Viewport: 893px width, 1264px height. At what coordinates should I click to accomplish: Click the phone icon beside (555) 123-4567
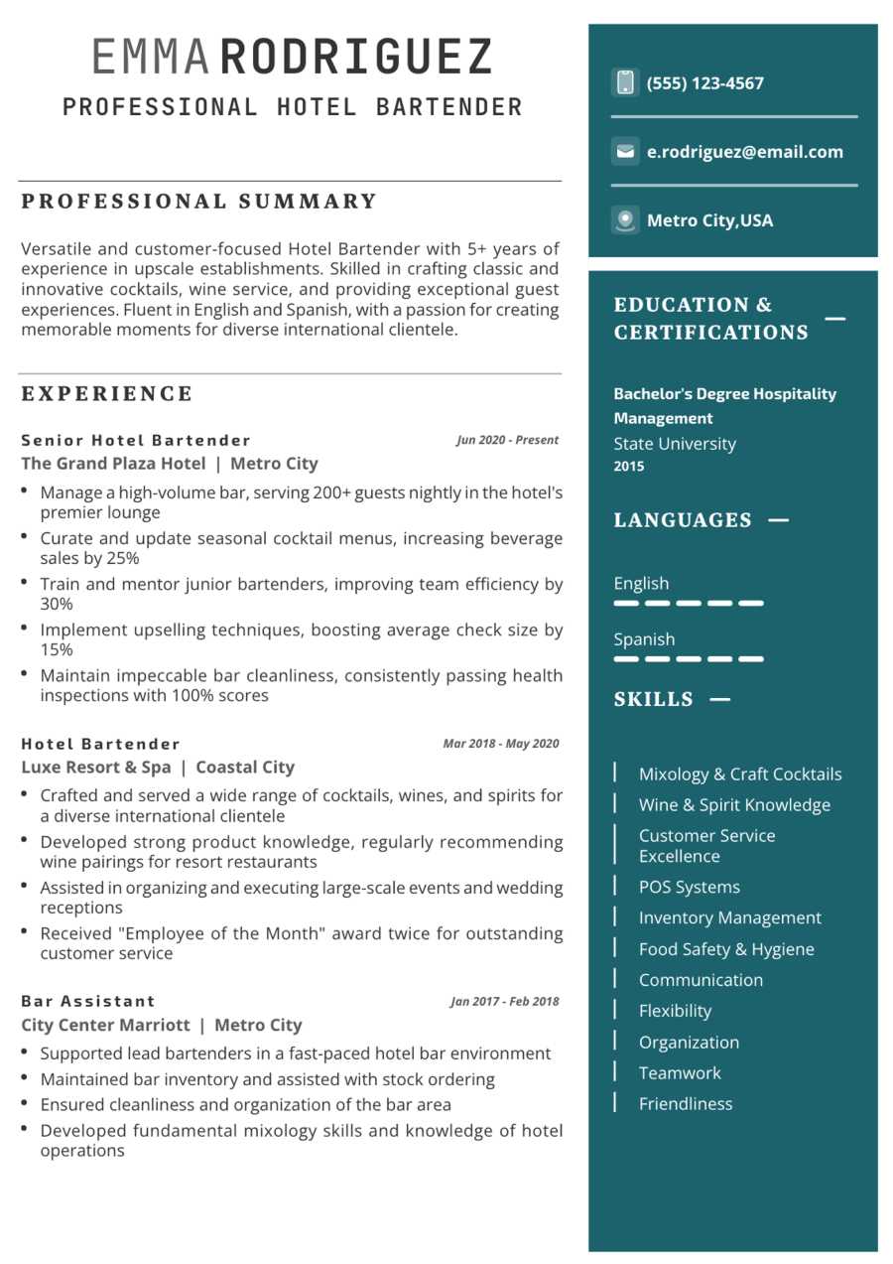click(625, 82)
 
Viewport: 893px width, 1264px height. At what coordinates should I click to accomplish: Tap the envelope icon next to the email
click(625, 152)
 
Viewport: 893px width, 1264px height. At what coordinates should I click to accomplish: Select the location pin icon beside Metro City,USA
click(625, 219)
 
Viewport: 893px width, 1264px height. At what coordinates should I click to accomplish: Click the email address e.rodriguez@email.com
click(744, 152)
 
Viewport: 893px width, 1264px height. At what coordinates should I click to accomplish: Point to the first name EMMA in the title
click(151, 58)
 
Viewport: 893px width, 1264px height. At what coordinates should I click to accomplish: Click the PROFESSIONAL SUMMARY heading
click(199, 202)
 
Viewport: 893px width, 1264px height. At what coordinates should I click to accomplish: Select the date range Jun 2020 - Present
click(507, 440)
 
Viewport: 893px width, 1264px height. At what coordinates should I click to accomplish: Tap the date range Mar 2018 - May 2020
click(500, 744)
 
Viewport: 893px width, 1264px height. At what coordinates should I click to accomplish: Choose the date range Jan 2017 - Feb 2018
click(504, 1001)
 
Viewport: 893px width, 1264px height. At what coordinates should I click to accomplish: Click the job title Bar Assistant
click(88, 1001)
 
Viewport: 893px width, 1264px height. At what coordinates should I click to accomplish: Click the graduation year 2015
click(628, 467)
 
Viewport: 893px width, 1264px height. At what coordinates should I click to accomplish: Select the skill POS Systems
click(689, 887)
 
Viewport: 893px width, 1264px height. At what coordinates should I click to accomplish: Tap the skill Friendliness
click(685, 1103)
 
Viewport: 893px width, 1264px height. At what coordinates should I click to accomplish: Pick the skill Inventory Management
click(729, 917)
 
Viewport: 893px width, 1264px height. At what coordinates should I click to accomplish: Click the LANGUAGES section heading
click(683, 520)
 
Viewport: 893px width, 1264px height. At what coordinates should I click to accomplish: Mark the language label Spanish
click(644, 639)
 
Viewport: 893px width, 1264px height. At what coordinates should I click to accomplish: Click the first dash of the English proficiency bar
click(626, 603)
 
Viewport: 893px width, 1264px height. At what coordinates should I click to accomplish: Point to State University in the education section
click(675, 444)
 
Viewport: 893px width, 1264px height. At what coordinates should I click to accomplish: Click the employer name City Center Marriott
click(105, 1025)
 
